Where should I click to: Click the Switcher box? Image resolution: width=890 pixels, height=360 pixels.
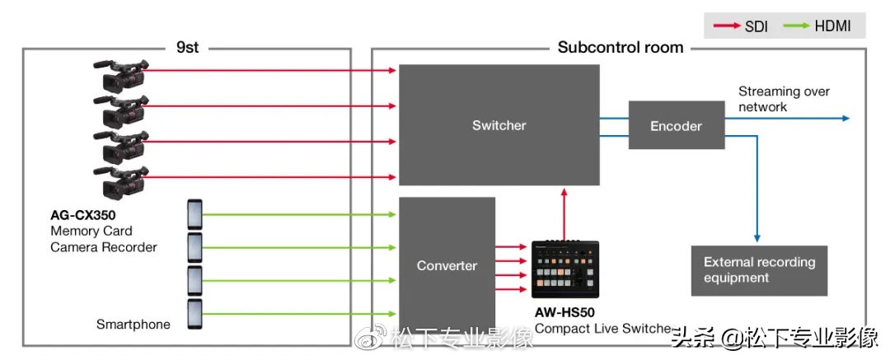click(x=499, y=125)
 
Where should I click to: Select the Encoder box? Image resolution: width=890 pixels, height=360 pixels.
click(x=676, y=125)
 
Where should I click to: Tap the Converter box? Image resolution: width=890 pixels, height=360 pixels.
click(x=447, y=265)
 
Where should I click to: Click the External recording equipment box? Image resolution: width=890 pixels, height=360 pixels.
click(x=759, y=270)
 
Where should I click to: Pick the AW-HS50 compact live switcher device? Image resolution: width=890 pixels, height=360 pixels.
click(x=566, y=270)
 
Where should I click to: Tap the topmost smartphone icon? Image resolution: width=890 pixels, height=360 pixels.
click(x=194, y=215)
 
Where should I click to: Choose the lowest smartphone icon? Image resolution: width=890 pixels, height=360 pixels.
click(x=194, y=315)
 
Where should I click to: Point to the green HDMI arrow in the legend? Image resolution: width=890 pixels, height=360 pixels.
click(x=796, y=26)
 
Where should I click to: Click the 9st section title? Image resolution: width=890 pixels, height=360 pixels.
click(x=187, y=47)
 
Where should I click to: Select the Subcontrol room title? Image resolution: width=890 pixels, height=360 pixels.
click(x=620, y=47)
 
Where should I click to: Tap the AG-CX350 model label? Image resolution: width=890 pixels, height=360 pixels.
click(x=83, y=216)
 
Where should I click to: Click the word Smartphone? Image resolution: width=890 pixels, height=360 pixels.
click(x=133, y=324)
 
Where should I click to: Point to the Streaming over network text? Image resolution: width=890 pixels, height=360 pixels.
click(x=783, y=99)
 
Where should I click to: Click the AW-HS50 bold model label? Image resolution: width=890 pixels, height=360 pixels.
click(x=564, y=312)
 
